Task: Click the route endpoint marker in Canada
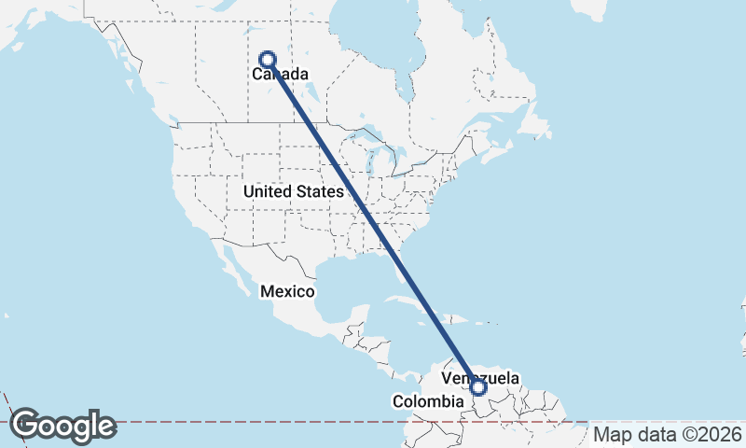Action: (268, 59)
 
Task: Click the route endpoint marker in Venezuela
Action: (478, 386)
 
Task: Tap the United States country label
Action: (293, 191)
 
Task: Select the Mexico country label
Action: (287, 291)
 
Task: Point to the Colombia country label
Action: (427, 401)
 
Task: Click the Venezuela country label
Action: (479, 377)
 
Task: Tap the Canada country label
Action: (280, 72)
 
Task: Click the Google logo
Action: (62, 426)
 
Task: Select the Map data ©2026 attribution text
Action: (668, 434)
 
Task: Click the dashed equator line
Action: (280, 421)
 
